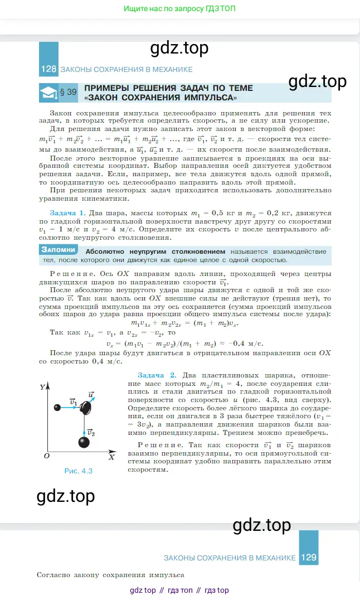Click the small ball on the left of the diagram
pyautogui.click(x=57, y=408)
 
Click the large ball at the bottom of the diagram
pyautogui.click(x=84, y=442)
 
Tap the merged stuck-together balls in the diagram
pyautogui.click(x=85, y=408)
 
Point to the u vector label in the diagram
pyautogui.click(x=91, y=394)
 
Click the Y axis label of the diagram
pyautogui.click(x=42, y=386)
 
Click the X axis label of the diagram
pyautogui.click(x=111, y=457)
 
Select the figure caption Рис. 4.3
pyautogui.click(x=77, y=471)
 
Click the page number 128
pyautogui.click(x=48, y=69)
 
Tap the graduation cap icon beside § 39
pyautogui.click(x=49, y=92)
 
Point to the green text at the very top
pyautogui.click(x=179, y=9)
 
